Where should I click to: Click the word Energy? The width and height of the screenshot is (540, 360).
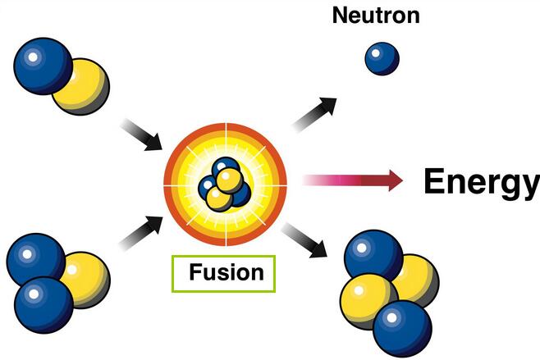point(481,181)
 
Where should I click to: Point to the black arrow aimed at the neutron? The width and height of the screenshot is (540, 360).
point(317,112)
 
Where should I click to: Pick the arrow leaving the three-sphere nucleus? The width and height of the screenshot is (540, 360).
point(141,232)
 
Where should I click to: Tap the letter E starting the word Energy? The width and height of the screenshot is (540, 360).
point(435,181)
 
